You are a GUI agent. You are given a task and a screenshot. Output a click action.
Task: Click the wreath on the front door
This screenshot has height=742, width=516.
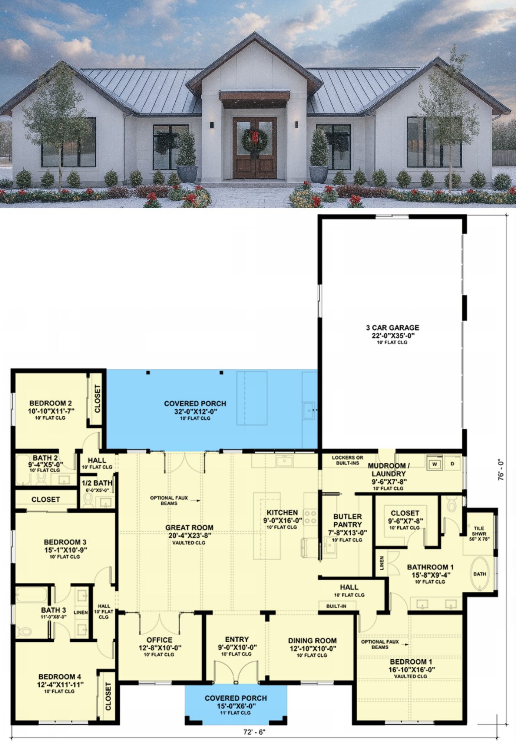coord(254,140)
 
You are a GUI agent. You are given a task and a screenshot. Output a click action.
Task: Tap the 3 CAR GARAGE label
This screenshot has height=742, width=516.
coord(393,328)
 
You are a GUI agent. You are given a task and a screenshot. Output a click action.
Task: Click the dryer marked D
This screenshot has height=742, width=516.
coord(453,464)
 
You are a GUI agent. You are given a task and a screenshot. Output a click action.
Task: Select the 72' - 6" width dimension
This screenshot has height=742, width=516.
coord(254,732)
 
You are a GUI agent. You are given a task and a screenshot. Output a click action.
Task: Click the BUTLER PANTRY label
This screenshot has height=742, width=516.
coord(347,520)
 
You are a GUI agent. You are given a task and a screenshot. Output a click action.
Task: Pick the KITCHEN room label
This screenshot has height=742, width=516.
coord(282,512)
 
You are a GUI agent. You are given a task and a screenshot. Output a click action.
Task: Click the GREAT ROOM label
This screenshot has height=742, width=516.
coord(189,527)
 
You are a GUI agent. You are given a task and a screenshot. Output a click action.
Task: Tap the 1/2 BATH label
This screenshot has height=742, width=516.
coord(97,483)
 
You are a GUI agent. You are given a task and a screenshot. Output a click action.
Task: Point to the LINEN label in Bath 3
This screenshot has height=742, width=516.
coord(81,612)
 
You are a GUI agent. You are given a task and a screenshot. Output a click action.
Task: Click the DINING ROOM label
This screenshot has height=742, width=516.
coord(312,641)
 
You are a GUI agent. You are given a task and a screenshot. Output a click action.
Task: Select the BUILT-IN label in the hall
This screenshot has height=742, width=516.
coord(336,606)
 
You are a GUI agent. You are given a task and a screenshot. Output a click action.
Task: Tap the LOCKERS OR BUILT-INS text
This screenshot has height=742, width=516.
coord(347,460)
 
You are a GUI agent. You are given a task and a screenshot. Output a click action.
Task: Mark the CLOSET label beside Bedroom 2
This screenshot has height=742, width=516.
coord(97,398)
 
